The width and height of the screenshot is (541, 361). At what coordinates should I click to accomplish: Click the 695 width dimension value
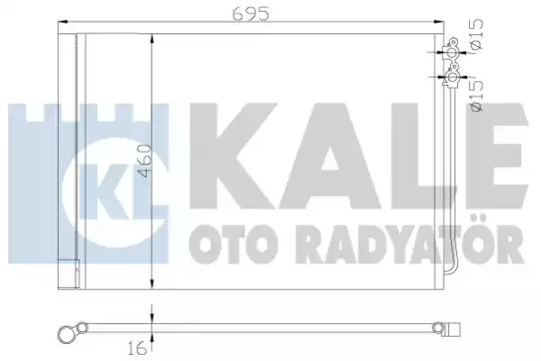pos(251,14)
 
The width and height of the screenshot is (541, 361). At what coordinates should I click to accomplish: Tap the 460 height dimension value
pos(144,161)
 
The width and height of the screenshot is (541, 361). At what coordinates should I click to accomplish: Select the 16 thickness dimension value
pos(137,349)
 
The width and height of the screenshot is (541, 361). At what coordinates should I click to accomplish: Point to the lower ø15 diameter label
pos(477,96)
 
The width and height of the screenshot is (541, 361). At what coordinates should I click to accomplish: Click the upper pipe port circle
pos(453,53)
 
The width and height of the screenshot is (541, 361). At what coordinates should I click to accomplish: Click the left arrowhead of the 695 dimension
pos(63,22)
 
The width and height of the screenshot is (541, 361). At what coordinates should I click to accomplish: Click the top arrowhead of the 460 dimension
pos(151,40)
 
